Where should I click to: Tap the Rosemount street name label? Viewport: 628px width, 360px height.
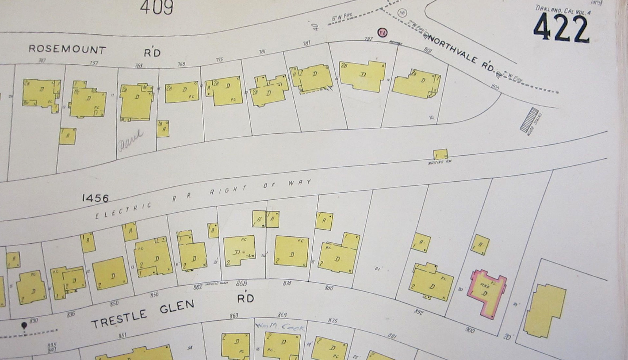point(67,49)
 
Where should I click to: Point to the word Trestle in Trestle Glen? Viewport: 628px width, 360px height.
point(119,319)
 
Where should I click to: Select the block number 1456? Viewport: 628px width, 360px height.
point(95,198)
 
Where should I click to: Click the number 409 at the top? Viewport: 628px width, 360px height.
point(156,7)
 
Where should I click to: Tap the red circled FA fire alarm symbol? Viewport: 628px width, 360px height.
point(382,33)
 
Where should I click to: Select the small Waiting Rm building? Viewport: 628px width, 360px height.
point(440,154)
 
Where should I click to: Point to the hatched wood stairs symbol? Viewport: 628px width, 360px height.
point(529,120)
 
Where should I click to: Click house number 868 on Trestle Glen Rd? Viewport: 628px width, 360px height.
point(241,283)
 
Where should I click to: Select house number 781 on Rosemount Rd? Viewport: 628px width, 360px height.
point(262,52)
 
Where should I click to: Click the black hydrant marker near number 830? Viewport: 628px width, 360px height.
point(24,325)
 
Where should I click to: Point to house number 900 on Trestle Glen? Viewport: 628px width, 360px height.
point(470,330)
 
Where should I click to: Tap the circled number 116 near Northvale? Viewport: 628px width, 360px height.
point(402,13)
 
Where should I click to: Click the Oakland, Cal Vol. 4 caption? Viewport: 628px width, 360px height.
point(563,10)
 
